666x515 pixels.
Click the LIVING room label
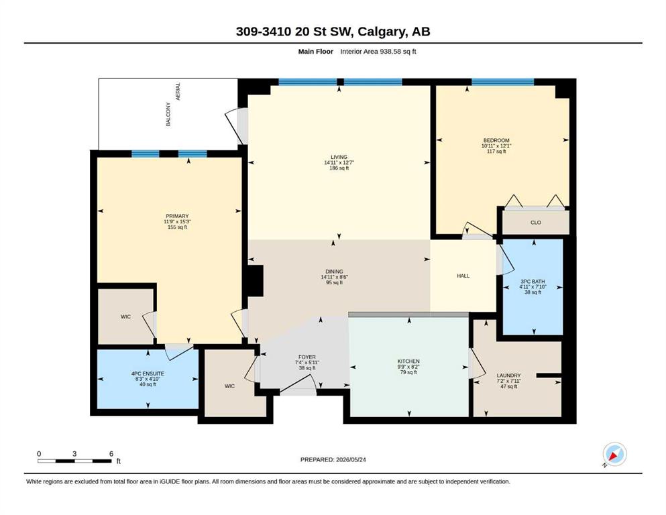(339, 157)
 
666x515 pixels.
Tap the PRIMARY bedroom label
(177, 216)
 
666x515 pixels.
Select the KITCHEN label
(408, 361)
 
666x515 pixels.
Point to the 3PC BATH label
(533, 282)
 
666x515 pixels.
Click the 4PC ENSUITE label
(148, 374)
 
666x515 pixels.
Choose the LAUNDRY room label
(508, 376)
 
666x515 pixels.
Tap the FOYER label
(307, 357)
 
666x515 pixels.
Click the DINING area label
(334, 272)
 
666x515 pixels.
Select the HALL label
(463, 276)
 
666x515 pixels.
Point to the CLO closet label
(536, 223)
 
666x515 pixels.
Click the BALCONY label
(168, 114)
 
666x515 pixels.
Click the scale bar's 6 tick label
(111, 454)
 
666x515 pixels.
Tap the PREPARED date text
(333, 459)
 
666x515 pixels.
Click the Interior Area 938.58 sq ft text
(378, 52)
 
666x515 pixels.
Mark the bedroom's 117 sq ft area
(496, 151)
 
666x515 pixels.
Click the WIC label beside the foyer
(229, 386)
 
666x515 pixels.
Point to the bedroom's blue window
(502, 82)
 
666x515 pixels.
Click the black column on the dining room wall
(256, 281)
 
